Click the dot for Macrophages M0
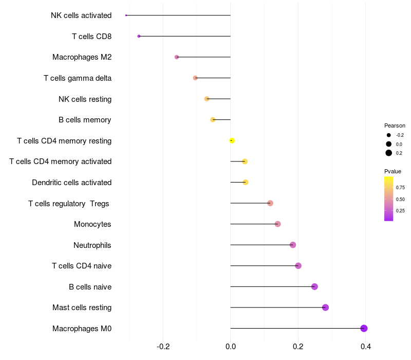click(364, 328)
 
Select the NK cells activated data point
click(126, 15)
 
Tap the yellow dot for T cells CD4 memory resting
click(232, 140)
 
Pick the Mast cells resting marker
click(325, 308)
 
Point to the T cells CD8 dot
click(139, 36)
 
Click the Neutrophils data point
click(293, 245)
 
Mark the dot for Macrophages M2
click(177, 57)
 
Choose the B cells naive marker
click(314, 286)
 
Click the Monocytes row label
click(92, 224)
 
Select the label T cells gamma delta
click(78, 78)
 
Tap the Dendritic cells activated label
click(71, 183)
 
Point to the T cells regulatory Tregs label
click(69, 204)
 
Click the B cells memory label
click(85, 120)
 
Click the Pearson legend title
click(395, 125)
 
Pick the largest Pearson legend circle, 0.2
click(389, 153)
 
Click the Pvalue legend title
click(393, 171)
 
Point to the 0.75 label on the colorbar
click(400, 188)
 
